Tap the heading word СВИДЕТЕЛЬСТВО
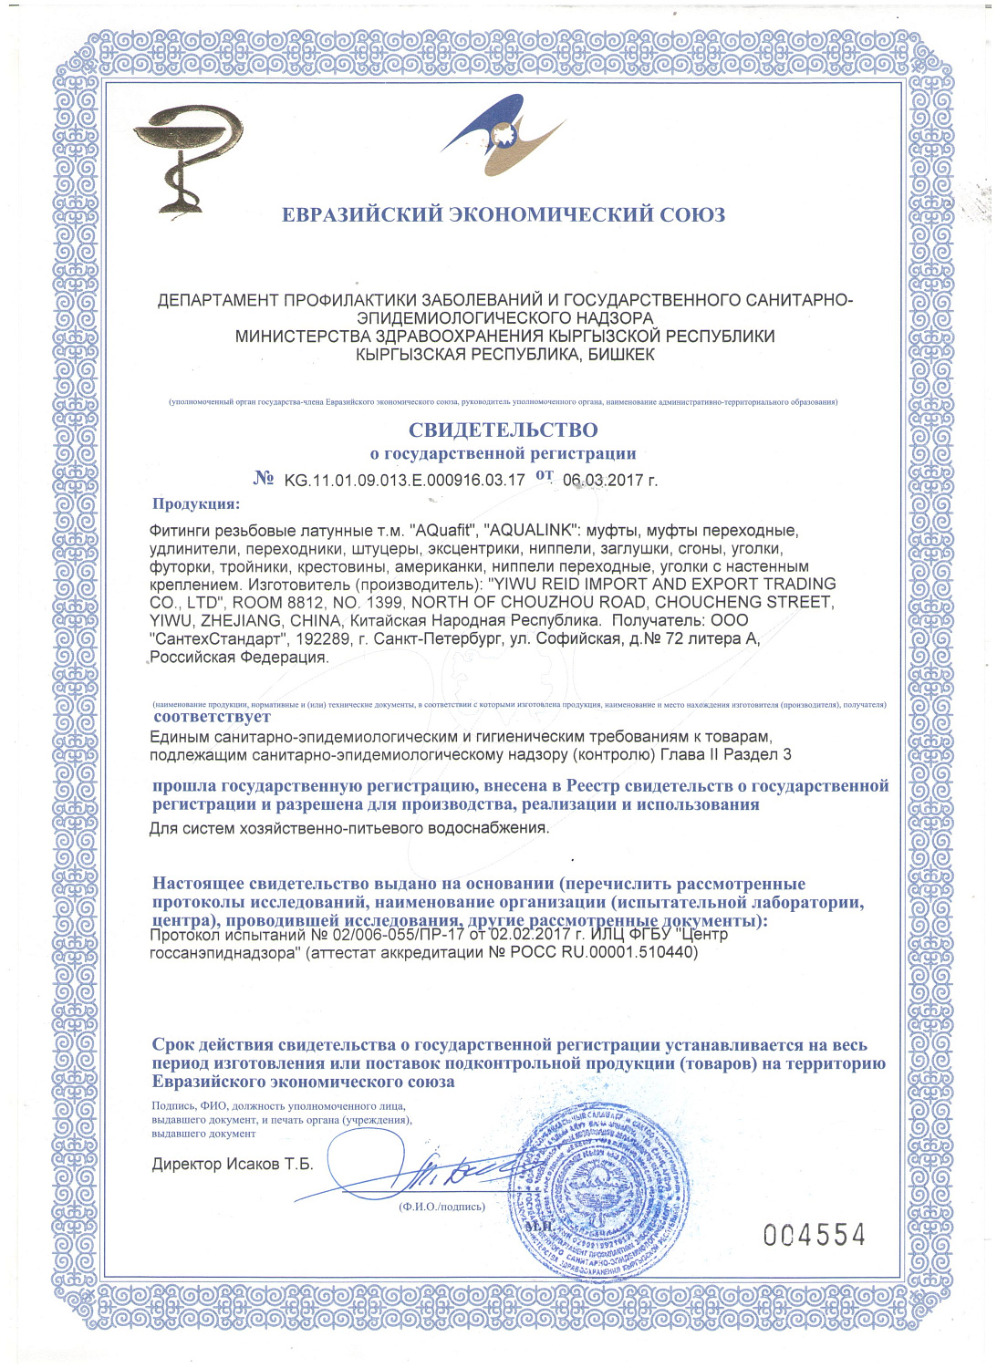click(x=503, y=430)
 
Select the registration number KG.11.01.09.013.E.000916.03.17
click(x=404, y=480)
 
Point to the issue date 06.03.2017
click(x=602, y=480)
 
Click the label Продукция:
click(x=196, y=503)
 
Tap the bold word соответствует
click(x=212, y=717)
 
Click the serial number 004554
click(x=814, y=1235)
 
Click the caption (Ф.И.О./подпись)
click(x=441, y=1206)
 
